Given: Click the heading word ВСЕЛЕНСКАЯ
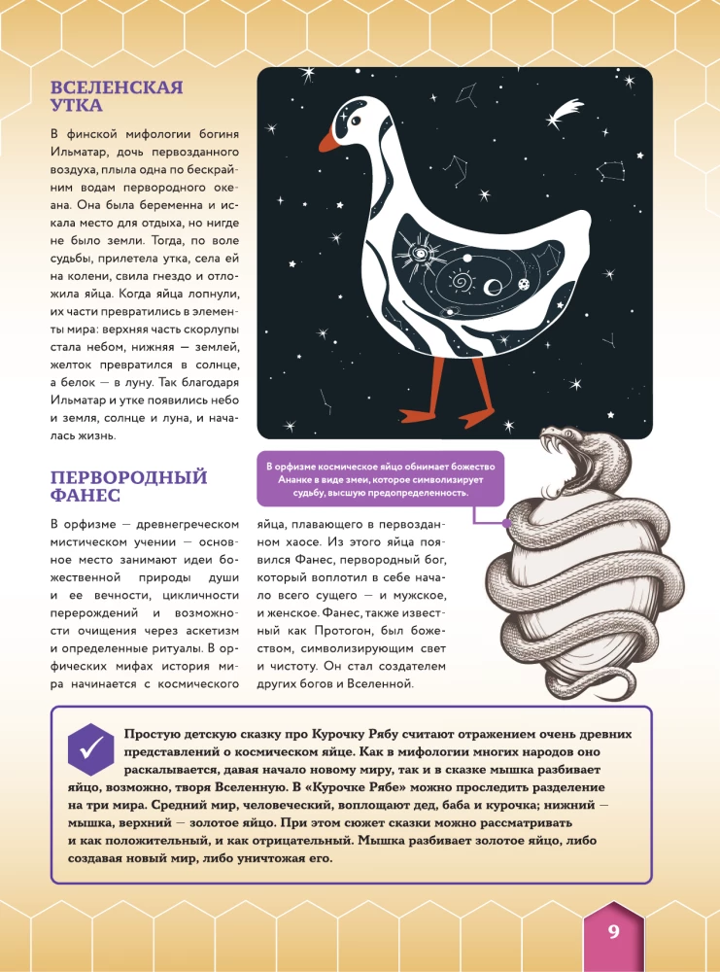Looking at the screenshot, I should coord(117,88).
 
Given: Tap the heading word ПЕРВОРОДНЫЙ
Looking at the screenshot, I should coord(129,477).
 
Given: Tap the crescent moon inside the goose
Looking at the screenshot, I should coord(493,286).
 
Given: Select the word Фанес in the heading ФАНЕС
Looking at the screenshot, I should coord(86,496).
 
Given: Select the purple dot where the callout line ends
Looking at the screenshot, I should coord(506,521).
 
